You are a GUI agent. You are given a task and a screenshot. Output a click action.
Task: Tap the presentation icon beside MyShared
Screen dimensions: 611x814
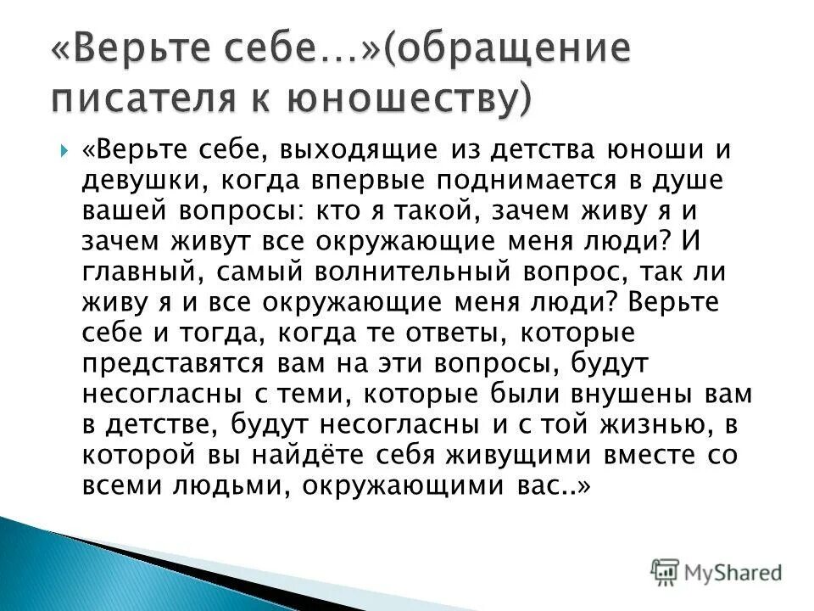click(x=666, y=571)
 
